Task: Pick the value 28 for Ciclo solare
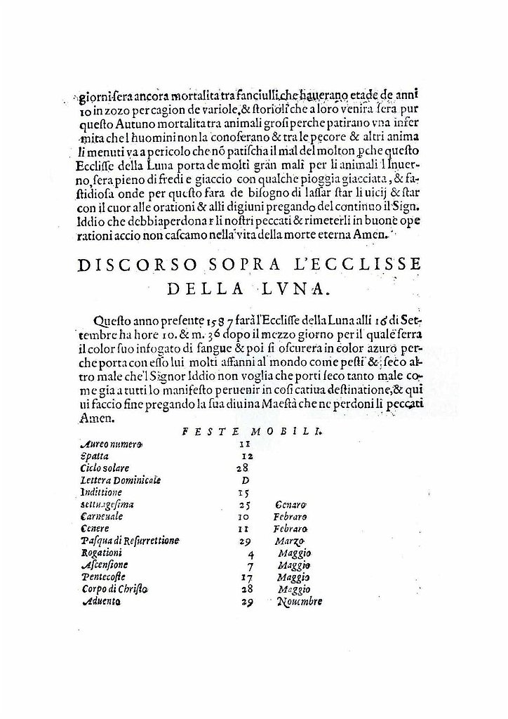[243, 468]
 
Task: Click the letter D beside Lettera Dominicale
[245, 480]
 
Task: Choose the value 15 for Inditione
[243, 493]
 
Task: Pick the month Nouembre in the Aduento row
[300, 602]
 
